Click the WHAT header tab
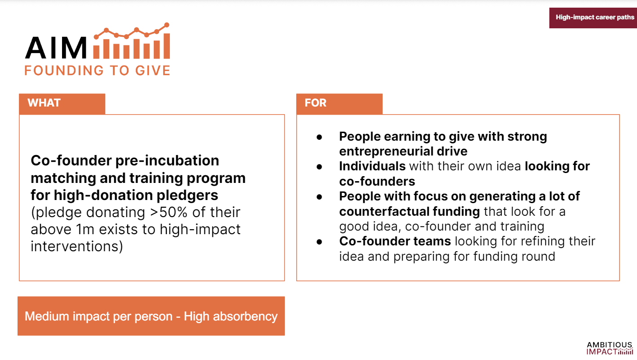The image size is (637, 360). [62, 104]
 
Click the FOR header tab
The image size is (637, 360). [339, 104]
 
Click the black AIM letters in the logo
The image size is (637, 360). [56, 48]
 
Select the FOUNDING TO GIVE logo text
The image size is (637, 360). [97, 71]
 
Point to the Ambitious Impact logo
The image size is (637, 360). [610, 348]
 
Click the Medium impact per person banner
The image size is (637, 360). [151, 316]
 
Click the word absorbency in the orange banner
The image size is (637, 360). [245, 316]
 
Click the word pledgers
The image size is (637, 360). [187, 196]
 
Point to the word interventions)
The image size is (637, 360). [77, 246]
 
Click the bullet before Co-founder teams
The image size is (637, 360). [319, 242]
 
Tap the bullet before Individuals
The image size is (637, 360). [319, 167]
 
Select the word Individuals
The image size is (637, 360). [372, 166]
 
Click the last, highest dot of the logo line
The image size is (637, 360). [167, 25]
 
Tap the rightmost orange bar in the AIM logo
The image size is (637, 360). [167, 46]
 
